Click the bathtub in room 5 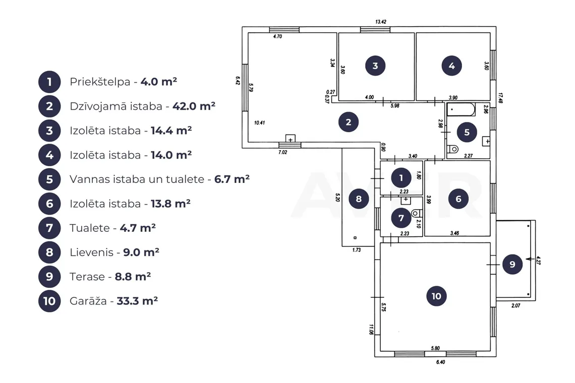[x=461, y=109]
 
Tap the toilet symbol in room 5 [x=453, y=149]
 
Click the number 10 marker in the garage [x=436, y=296]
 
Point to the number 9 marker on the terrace [x=512, y=264]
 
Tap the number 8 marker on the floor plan [x=359, y=199]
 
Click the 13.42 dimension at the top [x=381, y=22]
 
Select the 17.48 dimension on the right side [x=500, y=98]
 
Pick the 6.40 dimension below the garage [x=440, y=362]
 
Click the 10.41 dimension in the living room [x=259, y=122]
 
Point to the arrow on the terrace [x=530, y=259]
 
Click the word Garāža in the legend [x=88, y=301]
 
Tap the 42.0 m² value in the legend [x=194, y=106]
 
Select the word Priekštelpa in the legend [x=100, y=82]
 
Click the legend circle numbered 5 [x=49, y=179]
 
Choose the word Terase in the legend [x=87, y=277]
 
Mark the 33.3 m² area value [x=137, y=301]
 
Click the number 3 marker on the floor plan [x=375, y=66]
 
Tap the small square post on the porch [x=355, y=238]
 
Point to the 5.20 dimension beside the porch [x=338, y=198]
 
